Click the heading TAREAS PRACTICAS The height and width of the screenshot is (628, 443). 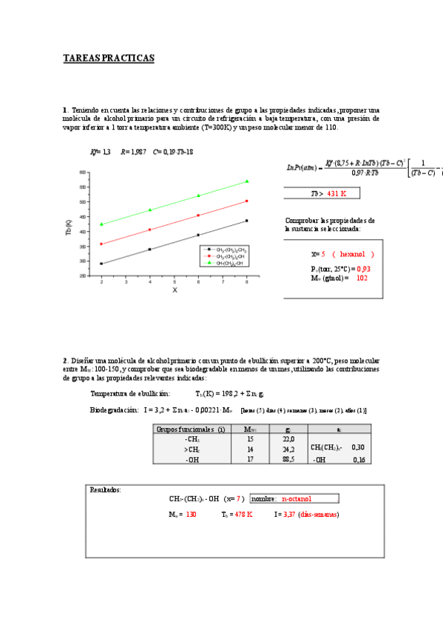pyautogui.click(x=109, y=59)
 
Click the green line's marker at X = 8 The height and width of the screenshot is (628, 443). pyautogui.click(x=246, y=181)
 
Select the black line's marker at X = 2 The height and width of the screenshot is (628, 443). pyautogui.click(x=101, y=264)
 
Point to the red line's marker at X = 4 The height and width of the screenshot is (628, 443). pyautogui.click(x=150, y=230)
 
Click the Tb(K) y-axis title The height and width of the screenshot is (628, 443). pyautogui.click(x=68, y=227)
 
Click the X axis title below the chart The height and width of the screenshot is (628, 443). pyautogui.click(x=175, y=290)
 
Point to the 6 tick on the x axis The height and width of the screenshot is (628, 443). pyautogui.click(x=198, y=281)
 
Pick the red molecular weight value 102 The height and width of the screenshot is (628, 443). pyautogui.click(x=362, y=278)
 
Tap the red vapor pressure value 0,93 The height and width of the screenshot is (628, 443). pyautogui.click(x=363, y=268)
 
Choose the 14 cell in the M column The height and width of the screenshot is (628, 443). pyautogui.click(x=229, y=449)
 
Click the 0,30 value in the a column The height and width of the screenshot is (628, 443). pyautogui.click(x=357, y=447)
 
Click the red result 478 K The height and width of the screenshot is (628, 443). pyautogui.click(x=240, y=513)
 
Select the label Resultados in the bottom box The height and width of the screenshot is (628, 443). pyautogui.click(x=106, y=489)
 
